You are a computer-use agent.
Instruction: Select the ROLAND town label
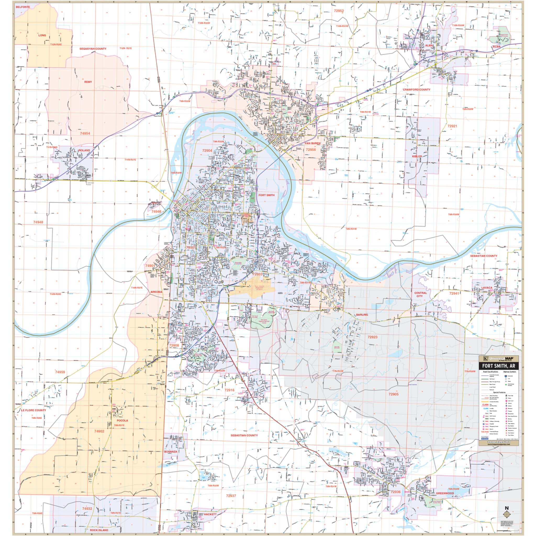point(84,150)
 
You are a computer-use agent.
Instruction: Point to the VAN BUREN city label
point(312,143)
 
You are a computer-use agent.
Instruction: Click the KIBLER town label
point(417,157)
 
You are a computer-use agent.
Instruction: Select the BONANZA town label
point(171,451)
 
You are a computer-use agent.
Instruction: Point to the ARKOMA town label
point(156,292)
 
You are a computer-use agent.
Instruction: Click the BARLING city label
point(362,315)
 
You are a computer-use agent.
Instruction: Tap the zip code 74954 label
point(85,133)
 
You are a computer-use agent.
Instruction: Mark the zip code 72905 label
point(393,394)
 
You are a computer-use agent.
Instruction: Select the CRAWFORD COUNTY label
point(416,90)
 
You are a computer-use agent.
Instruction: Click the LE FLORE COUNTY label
point(33,410)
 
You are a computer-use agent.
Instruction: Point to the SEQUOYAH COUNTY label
point(93,49)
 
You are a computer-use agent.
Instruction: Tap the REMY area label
point(88,82)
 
